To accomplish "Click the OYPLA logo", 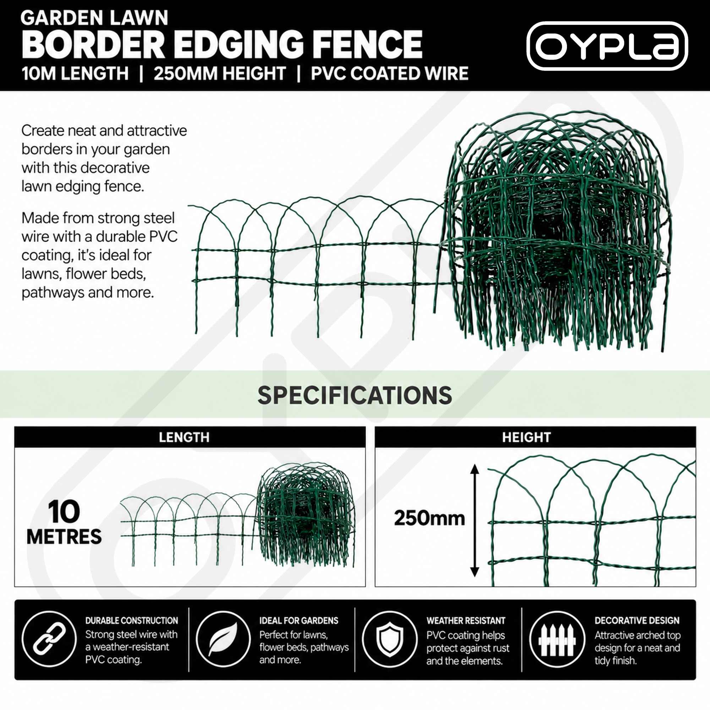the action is coord(607,46).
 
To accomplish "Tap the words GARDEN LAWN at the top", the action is coord(94,18).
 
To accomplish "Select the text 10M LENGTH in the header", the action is coord(75,73).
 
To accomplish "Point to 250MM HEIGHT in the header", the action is coord(219,73).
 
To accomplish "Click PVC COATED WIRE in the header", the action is coord(389,73).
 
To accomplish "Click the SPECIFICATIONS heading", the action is coord(355,395).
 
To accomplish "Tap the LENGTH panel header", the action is coord(184,437).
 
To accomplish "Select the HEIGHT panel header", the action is coord(526,437).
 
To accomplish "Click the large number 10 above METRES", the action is coord(64,512).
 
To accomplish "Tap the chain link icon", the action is coord(49,640).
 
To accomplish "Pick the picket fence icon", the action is coord(557,640).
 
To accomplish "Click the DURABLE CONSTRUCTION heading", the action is coord(132,621).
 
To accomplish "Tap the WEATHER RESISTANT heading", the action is coord(466,621).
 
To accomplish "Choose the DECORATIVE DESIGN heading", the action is coord(637,621).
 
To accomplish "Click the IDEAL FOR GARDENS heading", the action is coord(299,621).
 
